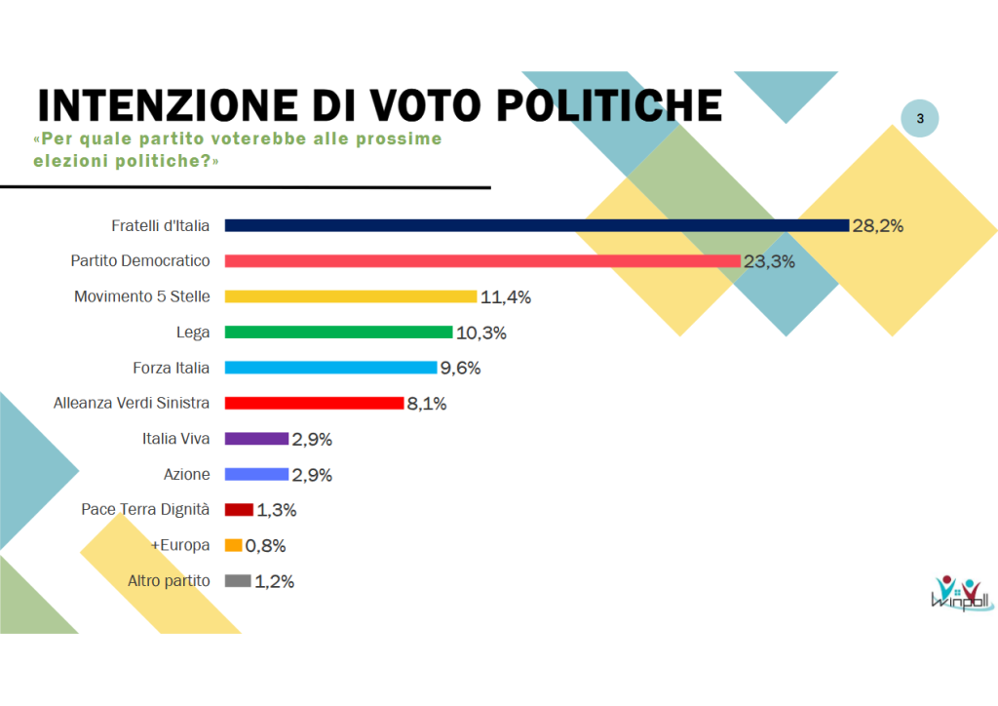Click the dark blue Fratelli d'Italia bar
(536, 225)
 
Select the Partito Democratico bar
(482, 261)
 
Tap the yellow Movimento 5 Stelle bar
(351, 296)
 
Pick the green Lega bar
(339, 333)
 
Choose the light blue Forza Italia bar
(330, 368)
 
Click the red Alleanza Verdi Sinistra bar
(314, 403)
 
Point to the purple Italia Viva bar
(256, 439)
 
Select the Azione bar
(256, 475)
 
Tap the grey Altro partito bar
(238, 581)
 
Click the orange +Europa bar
(233, 546)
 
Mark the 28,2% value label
(878, 226)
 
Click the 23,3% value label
(770, 261)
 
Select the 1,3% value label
(276, 510)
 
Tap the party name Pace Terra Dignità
(145, 509)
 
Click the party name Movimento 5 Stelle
(142, 296)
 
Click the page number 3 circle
(920, 119)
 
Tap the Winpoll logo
(961, 593)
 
